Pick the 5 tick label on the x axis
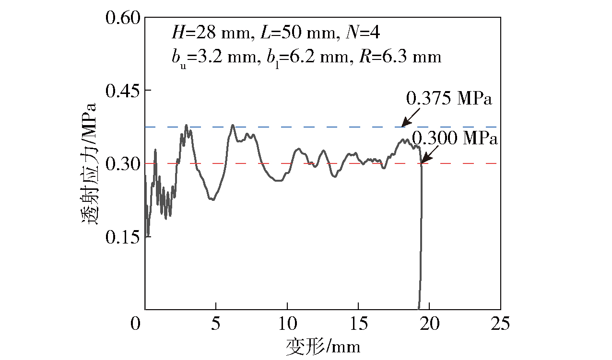point(216,324)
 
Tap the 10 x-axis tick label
point(287,324)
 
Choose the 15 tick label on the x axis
point(358,324)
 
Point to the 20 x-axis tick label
point(429,324)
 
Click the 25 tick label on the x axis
point(500,324)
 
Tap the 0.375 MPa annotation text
point(449,99)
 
